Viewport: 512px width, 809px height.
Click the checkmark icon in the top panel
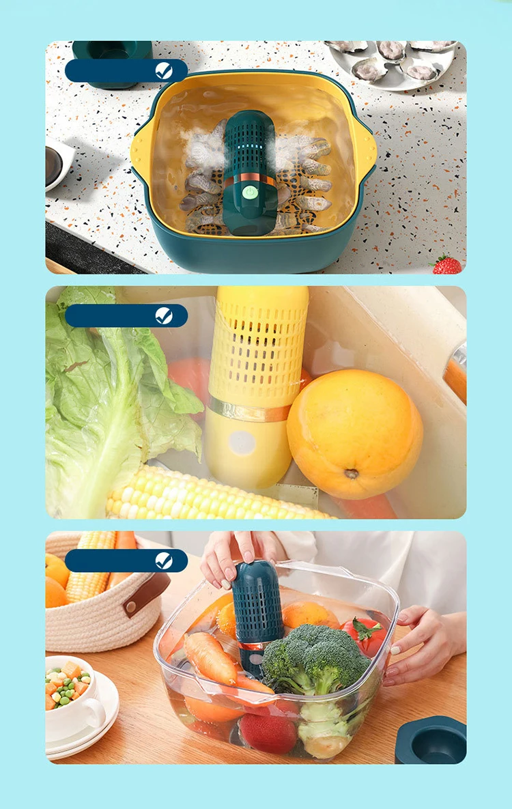coord(164,70)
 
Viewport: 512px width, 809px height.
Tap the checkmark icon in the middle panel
coord(164,315)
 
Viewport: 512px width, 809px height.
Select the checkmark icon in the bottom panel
coord(164,560)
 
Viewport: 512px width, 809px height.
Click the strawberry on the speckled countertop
coord(446,265)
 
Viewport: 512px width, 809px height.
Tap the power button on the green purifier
coord(251,193)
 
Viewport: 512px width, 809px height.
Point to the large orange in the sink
coord(354,434)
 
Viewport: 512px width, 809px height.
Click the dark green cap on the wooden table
coord(431,740)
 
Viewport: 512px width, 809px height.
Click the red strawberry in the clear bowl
coord(268,733)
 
